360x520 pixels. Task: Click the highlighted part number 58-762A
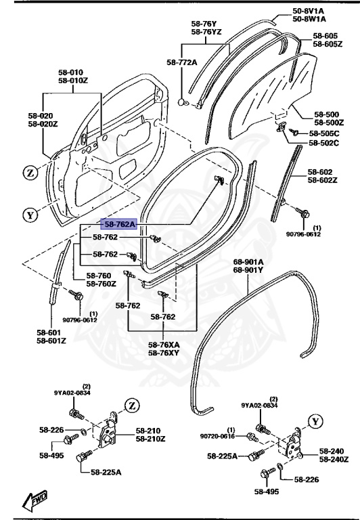click(120, 223)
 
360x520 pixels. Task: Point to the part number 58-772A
click(181, 62)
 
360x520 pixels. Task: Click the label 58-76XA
click(164, 344)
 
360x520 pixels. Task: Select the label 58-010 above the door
click(70, 72)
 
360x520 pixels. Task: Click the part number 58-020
click(42, 116)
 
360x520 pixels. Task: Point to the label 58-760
click(101, 276)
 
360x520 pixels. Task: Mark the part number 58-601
click(51, 332)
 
